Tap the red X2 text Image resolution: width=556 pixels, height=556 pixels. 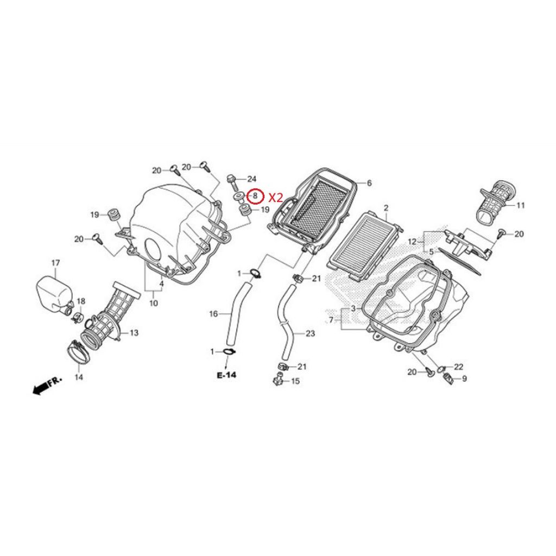(275, 197)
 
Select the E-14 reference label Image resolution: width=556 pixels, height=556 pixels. (226, 375)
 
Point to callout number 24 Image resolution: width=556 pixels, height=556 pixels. (251, 179)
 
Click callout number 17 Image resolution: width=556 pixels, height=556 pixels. (56, 263)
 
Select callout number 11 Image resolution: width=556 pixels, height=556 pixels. (520, 205)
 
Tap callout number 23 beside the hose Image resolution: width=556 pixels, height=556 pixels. (310, 333)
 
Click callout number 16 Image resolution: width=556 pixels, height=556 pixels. (213, 314)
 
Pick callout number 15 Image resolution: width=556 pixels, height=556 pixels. (295, 381)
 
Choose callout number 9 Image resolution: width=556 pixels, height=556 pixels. (464, 379)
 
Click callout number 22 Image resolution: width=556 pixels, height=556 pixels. (458, 367)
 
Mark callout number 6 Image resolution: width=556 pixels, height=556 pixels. (369, 183)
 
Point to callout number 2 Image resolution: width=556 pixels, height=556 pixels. (386, 208)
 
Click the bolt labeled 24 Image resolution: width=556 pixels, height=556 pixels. (232, 181)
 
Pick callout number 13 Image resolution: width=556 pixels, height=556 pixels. (134, 333)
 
